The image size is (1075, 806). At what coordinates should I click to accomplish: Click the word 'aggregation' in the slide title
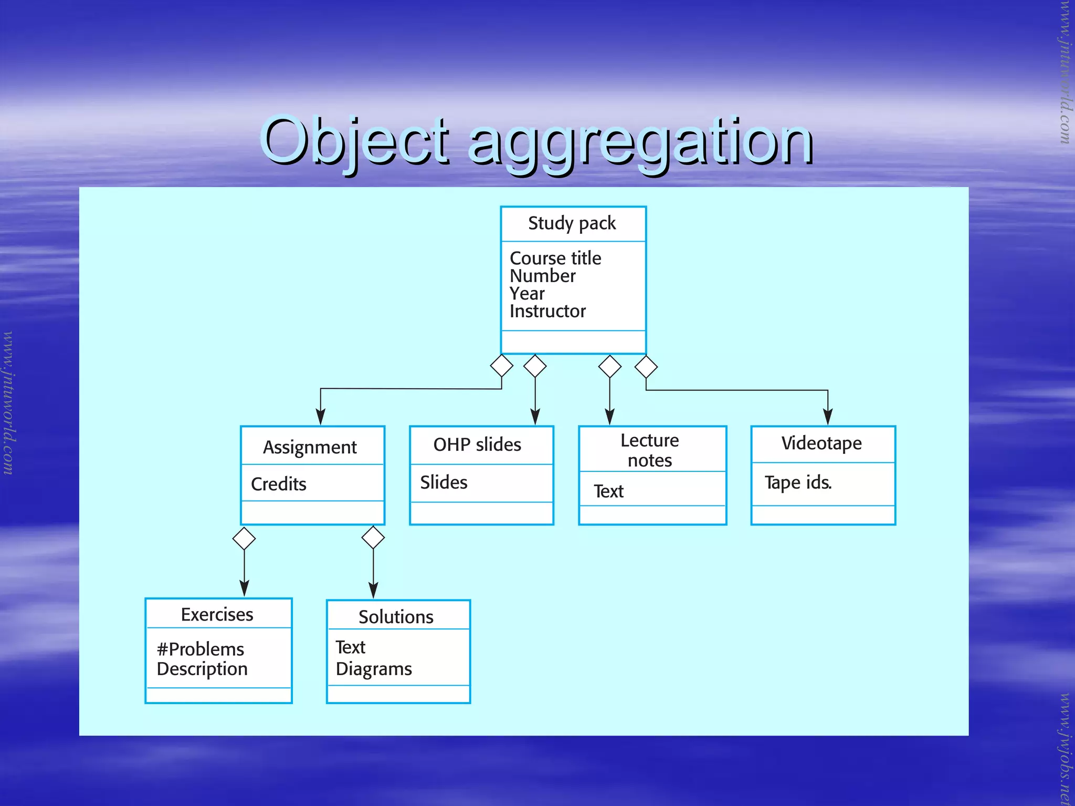640,142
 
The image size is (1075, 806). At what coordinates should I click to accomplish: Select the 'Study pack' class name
572,223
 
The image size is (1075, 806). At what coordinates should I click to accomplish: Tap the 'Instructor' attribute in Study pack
547,311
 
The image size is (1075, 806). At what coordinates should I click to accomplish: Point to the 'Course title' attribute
555,258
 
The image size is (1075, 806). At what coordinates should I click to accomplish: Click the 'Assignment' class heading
310,447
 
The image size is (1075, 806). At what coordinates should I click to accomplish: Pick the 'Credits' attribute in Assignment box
279,484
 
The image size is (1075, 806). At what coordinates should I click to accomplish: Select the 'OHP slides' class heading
477,445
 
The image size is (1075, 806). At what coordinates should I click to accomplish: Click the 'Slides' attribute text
444,482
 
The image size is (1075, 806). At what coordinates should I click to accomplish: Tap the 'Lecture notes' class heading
650,450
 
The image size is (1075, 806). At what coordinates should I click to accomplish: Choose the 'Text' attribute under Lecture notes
608,491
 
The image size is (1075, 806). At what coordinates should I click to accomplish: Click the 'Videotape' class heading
821,443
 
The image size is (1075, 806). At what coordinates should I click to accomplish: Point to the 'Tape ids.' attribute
798,482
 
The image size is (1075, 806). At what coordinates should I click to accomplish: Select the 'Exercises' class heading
217,615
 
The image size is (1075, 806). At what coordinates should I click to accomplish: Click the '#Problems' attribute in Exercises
201,649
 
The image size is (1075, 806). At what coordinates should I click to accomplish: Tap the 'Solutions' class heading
396,617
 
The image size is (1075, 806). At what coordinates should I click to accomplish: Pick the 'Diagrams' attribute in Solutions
374,669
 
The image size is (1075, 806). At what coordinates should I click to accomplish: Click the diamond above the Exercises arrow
244,539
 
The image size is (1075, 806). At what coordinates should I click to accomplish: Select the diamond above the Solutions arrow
373,538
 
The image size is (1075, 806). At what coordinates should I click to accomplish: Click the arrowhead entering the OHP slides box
535,417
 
